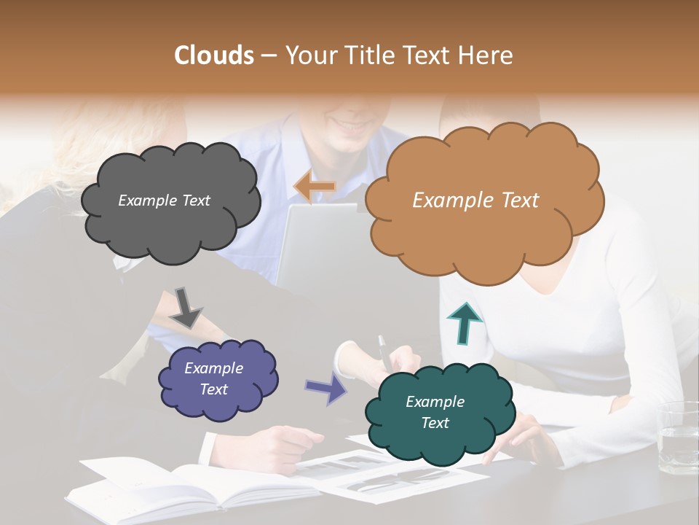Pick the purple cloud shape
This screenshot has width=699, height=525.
click(218, 405)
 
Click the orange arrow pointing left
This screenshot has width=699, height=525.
click(314, 187)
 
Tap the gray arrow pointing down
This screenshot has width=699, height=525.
click(186, 307)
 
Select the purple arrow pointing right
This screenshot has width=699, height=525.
click(325, 387)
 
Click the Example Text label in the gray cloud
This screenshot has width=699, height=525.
click(164, 201)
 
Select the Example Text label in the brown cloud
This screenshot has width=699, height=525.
click(475, 201)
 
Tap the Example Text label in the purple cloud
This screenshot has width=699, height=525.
click(213, 378)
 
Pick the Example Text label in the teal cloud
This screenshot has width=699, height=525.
click(435, 412)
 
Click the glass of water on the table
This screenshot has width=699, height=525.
click(676, 437)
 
